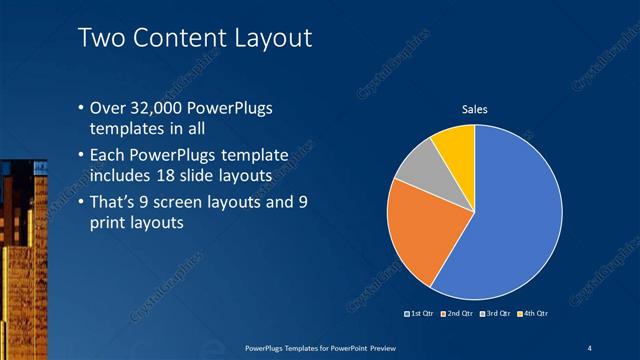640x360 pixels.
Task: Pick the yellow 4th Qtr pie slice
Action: click(x=455, y=143)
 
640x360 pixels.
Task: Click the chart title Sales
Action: click(x=474, y=109)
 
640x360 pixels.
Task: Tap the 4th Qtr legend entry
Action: click(x=533, y=314)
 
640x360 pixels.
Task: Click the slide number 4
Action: click(x=590, y=346)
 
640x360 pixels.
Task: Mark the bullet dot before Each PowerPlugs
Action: click(x=81, y=156)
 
